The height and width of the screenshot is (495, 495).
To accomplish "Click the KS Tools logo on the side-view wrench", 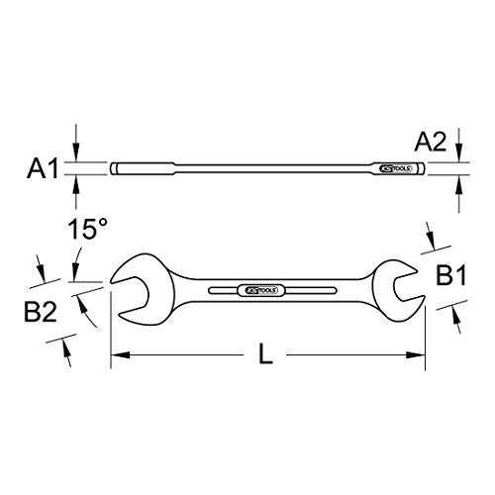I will pyautogui.click(x=394, y=169).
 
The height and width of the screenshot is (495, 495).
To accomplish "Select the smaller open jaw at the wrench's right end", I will pyautogui.click(x=406, y=286).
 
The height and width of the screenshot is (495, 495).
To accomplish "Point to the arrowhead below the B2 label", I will pyautogui.click(x=66, y=348).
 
